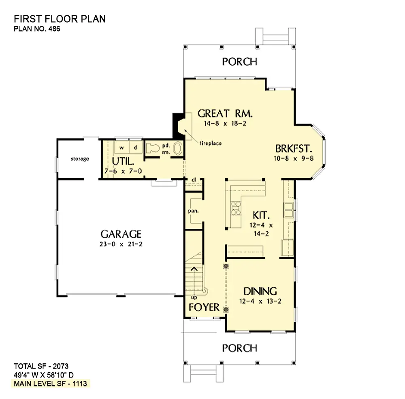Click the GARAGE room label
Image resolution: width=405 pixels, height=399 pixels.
pos(121,234)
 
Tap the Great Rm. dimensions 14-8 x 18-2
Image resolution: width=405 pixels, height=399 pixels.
pos(225,124)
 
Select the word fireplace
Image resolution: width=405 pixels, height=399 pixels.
pos(211,143)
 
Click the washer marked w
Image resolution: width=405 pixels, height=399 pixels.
pos(122,147)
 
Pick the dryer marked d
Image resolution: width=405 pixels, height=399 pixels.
pos(136,147)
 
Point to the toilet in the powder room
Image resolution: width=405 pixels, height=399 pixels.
pos(152,149)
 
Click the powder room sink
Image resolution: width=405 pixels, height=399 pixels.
pos(178,149)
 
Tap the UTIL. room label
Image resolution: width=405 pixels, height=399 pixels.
pos(123,162)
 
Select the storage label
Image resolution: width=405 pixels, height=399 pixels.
pos(80,159)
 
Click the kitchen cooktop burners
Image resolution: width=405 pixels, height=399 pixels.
pos(236,208)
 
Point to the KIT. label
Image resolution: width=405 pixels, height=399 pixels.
pos(261,215)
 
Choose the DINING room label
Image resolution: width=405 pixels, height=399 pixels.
pos(260,291)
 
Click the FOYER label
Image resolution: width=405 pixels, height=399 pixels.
pos(204,307)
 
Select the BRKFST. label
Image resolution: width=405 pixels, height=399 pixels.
pos(294,149)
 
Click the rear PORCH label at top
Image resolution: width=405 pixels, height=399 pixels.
pos(240,62)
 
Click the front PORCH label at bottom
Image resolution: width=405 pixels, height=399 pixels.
pos(240,348)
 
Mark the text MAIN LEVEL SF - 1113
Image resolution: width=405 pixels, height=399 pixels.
pos(50,384)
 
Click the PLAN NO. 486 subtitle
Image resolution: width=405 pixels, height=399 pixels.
pos(37,29)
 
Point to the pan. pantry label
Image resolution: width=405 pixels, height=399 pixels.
pos(194,211)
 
